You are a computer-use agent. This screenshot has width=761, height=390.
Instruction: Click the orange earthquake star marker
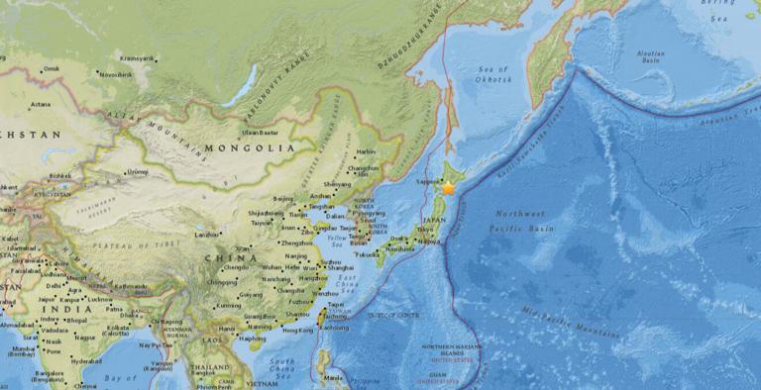448,187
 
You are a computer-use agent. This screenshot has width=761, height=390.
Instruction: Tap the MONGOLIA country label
251,147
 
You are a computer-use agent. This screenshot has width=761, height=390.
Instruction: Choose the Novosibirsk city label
116,73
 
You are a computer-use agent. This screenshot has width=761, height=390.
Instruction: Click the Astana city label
40,104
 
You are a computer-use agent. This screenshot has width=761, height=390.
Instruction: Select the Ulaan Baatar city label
260,132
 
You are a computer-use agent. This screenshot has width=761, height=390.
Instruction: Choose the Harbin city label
366,151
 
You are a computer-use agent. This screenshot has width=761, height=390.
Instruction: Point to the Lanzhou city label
206,235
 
